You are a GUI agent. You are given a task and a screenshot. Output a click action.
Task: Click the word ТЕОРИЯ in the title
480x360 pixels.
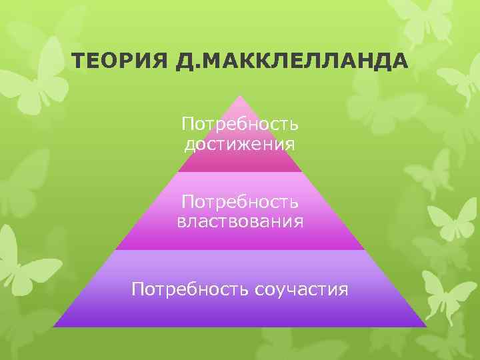[x=114, y=62]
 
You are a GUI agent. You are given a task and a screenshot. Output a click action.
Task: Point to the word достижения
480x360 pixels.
[x=239, y=143]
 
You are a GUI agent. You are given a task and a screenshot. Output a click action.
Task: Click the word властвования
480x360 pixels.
[x=239, y=221]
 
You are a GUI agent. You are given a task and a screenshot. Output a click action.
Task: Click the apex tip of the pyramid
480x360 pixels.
[x=239, y=96]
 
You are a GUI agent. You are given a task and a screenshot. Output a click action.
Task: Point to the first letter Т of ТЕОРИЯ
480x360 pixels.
[x=78, y=62]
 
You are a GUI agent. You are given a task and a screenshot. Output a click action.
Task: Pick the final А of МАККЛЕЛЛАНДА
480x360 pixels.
[x=398, y=62]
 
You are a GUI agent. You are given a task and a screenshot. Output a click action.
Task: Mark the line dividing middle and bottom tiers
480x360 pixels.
[x=239, y=250]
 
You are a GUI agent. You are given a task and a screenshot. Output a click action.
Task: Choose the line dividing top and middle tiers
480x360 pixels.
[x=239, y=172]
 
